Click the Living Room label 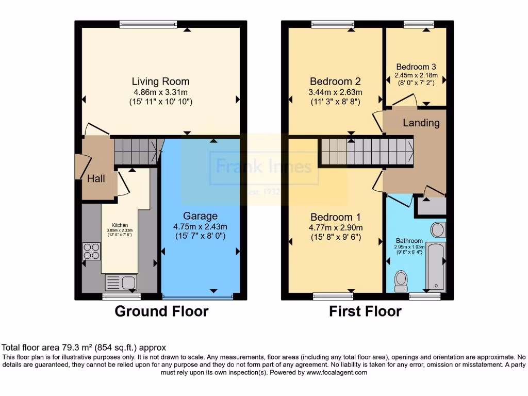(x=160, y=81)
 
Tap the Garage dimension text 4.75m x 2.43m (x=201, y=226)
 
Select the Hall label (x=96, y=179)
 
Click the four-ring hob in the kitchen (x=91, y=251)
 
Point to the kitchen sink (x=120, y=282)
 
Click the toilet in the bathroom (x=400, y=280)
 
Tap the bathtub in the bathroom (x=436, y=267)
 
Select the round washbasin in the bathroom (x=438, y=229)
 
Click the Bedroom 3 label (x=416, y=67)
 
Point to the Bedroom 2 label (x=335, y=81)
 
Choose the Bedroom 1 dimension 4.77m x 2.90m (x=335, y=227)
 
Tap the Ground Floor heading (x=161, y=311)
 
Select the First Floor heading (x=365, y=311)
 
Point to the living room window (x=148, y=24)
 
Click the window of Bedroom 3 (x=419, y=24)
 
